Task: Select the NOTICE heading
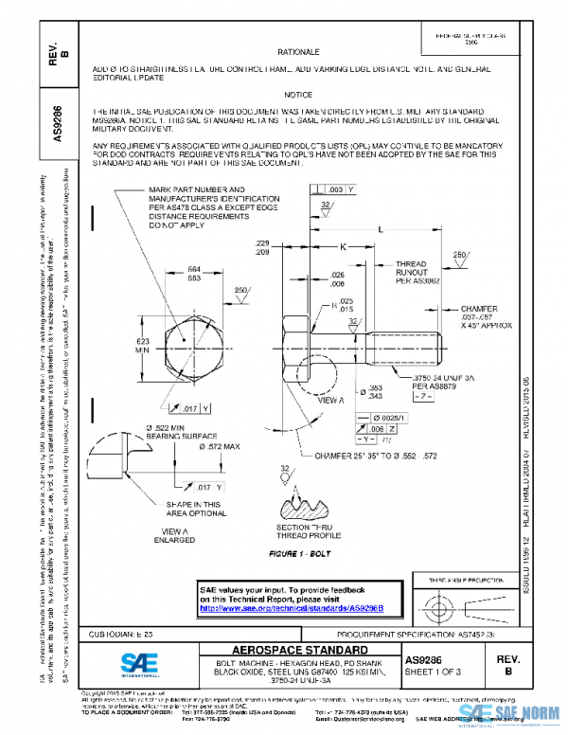click(x=298, y=96)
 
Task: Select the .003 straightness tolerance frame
click(x=340, y=190)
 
